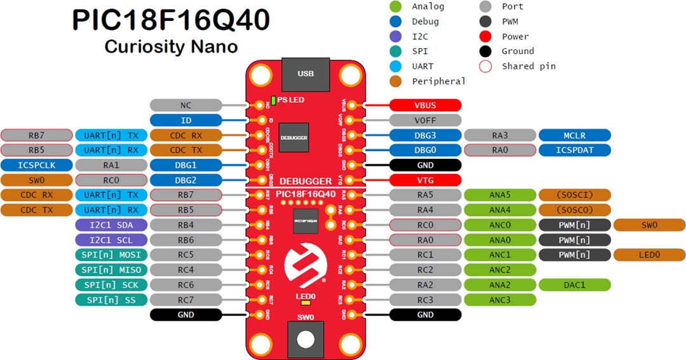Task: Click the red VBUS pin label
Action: pos(425,105)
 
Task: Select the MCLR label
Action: pos(574,135)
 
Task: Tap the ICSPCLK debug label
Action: pos(36,165)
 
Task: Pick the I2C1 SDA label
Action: pos(111,225)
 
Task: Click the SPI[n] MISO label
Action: pos(111,270)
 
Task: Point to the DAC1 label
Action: pos(574,285)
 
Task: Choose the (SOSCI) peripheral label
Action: pos(574,195)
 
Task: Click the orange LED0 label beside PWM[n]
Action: pos(649,255)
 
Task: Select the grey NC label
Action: pos(185,105)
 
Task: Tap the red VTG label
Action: pos(425,180)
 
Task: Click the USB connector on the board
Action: pos(306,74)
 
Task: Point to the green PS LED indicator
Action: pos(273,100)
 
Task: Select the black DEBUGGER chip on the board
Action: pos(294,137)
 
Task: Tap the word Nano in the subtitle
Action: pos(216,46)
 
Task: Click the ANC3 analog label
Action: pos(500,300)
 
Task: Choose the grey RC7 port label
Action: pos(185,300)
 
